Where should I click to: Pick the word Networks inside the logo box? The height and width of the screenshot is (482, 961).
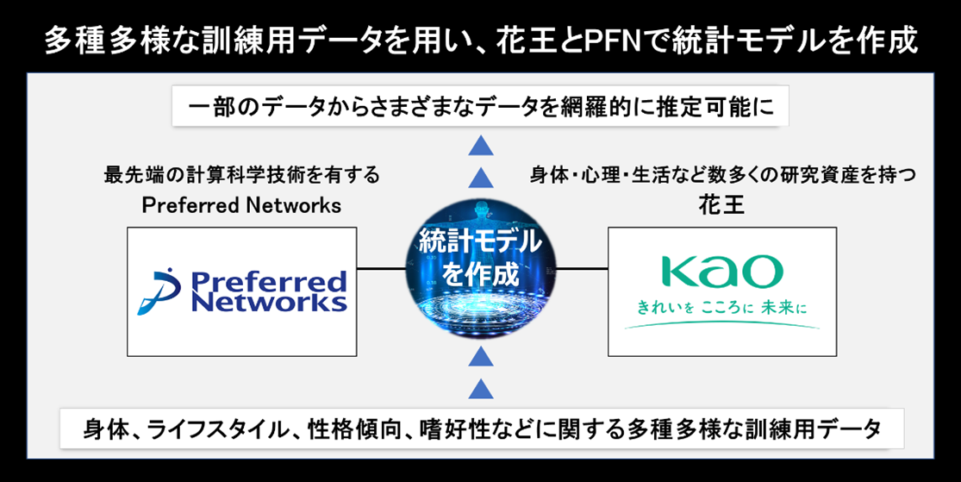click(x=270, y=303)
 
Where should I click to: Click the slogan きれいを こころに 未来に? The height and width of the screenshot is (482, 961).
click(x=722, y=307)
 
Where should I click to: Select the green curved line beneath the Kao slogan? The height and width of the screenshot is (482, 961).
click(x=722, y=325)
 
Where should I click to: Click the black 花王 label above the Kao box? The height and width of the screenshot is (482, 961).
click(x=722, y=205)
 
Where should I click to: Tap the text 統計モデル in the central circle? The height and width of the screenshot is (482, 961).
click(x=481, y=244)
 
